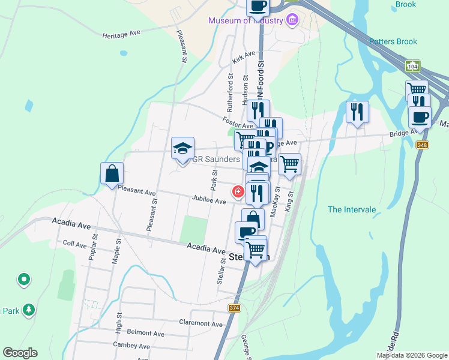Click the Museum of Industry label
[246, 20]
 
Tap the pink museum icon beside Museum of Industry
[292, 20]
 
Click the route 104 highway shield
[412, 65]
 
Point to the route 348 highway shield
[423, 145]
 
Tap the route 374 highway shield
[235, 308]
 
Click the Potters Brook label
[393, 41]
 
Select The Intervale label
[352, 209]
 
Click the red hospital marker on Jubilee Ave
[238, 191]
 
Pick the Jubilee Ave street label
[209, 200]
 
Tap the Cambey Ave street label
[131, 346]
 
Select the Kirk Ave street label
[244, 58]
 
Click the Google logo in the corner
[20, 353]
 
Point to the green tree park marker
[28, 310]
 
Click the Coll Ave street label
[75, 244]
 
